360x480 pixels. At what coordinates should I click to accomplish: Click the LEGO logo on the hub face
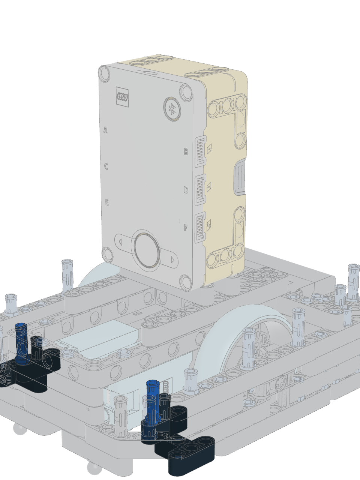122,97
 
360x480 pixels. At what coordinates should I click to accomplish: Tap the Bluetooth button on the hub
172,109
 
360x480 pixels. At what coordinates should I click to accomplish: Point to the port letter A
105,130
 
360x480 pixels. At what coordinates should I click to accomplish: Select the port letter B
186,151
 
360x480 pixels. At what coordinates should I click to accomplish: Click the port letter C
106,166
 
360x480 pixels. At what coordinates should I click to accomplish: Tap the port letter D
186,190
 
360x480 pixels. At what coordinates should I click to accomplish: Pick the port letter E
107,202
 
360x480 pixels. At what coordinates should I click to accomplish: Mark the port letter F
186,228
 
